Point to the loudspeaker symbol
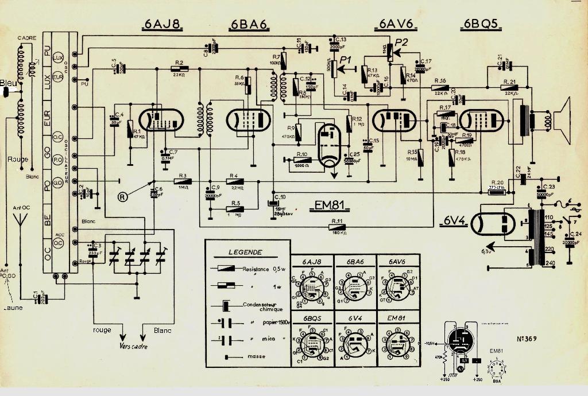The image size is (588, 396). (x=559, y=121)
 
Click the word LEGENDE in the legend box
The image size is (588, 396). (x=245, y=252)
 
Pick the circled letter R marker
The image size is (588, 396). (x=122, y=196)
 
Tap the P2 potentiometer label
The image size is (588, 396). (x=402, y=42)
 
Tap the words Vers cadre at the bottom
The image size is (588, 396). (x=133, y=346)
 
